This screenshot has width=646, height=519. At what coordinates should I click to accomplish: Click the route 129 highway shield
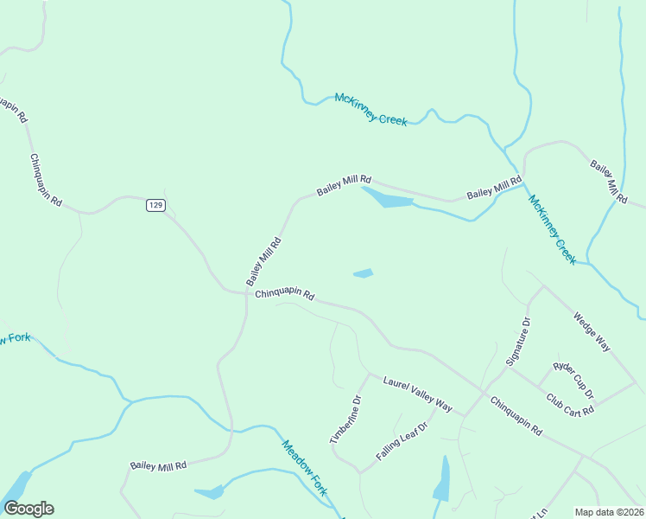(155, 205)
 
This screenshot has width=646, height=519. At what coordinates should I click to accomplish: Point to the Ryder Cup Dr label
(573, 381)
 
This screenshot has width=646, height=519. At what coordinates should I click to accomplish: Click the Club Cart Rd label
(570, 405)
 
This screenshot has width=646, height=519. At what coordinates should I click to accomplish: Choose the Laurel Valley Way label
(418, 393)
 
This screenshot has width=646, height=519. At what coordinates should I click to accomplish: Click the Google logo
(28, 509)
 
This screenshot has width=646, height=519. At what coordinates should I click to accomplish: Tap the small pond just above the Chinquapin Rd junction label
(364, 274)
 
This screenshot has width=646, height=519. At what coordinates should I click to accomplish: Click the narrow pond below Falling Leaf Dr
(442, 479)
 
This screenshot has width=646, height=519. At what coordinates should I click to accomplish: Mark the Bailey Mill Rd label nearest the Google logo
(158, 465)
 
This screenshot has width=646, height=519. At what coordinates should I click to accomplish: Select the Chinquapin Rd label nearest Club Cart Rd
(516, 415)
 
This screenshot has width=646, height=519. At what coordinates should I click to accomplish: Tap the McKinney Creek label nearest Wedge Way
(553, 229)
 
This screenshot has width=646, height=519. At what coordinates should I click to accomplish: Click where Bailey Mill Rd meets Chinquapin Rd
(244, 292)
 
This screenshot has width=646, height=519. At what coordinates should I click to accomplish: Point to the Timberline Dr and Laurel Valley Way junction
(368, 375)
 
